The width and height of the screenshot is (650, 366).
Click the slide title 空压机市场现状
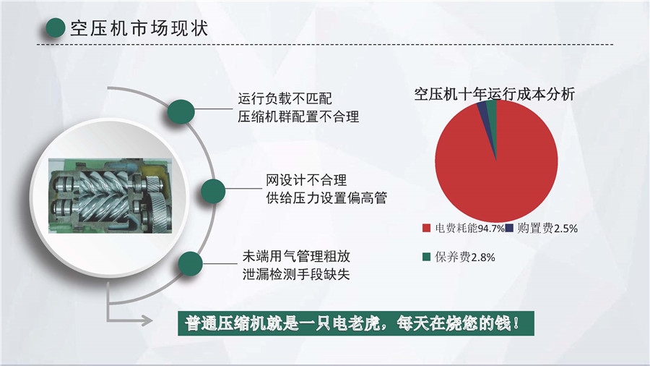(139, 28)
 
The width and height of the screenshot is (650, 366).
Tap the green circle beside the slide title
(55, 28)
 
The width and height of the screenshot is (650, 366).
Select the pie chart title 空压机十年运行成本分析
(495, 94)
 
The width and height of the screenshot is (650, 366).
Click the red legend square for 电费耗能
(426, 229)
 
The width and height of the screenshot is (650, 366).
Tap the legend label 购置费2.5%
(547, 229)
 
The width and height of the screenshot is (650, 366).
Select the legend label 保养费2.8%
(464, 258)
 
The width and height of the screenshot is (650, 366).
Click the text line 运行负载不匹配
(285, 99)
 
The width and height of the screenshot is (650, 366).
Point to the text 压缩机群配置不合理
(298, 117)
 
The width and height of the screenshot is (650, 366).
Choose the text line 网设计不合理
(306, 180)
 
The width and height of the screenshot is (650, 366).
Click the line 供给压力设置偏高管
(326, 198)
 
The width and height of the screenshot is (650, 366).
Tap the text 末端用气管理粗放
(296, 256)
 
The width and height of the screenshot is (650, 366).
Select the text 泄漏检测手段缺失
(296, 274)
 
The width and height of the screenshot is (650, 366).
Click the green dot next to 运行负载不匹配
(181, 111)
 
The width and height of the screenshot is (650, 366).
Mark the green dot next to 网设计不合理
(214, 191)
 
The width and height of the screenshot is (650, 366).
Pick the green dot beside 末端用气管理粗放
(190, 264)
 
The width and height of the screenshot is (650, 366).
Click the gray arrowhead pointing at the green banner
(147, 320)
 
